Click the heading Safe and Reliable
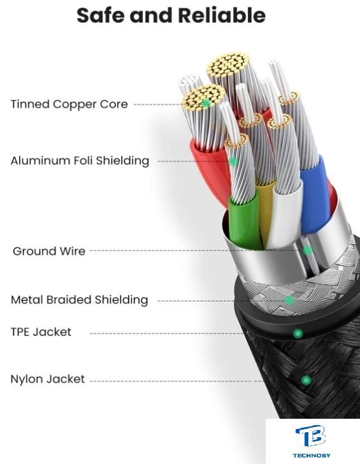171,15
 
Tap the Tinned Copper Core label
69,104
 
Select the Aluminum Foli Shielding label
80,161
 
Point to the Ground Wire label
49,251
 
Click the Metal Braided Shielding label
79,300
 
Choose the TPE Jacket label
41,331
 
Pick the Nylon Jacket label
48,379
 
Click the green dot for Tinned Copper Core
206,103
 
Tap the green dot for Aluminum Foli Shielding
233,162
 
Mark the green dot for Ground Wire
308,250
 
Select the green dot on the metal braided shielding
289,301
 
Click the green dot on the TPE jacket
298,333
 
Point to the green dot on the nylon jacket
306,380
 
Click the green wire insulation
245,221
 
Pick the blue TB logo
310,436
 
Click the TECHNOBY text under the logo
312,455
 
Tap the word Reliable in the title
222,15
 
